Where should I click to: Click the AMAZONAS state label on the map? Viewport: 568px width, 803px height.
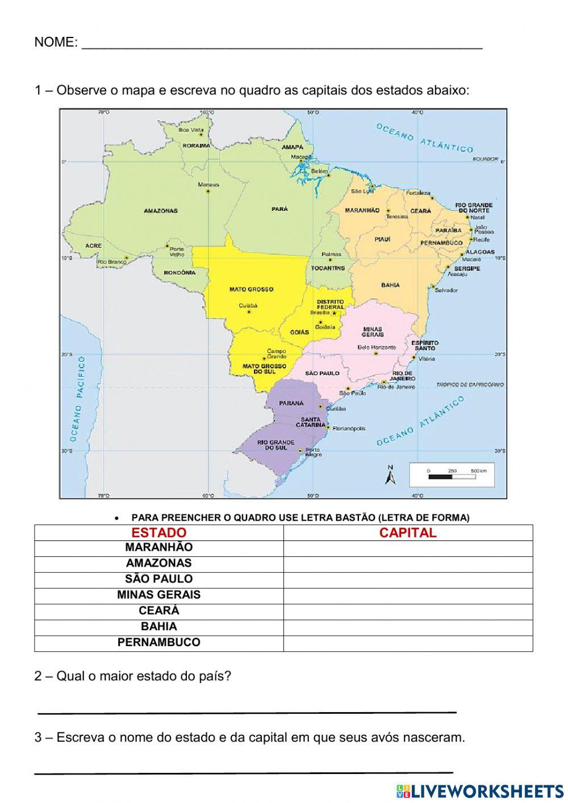[160, 211]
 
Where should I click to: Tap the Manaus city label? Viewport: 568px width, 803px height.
[208, 185]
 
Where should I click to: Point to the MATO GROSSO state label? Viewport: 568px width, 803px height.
[251, 289]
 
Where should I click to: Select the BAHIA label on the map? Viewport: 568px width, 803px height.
[390, 285]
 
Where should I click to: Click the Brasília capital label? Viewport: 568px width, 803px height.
[320, 313]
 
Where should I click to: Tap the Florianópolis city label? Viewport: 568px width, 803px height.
[349, 428]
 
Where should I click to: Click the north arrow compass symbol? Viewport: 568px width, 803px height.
[390, 475]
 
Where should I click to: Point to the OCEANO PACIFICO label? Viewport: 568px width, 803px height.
[78, 399]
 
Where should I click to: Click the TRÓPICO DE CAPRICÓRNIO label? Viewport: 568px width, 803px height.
[470, 385]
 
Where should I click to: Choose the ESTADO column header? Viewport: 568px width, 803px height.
[158, 533]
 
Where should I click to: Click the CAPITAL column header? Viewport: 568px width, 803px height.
[408, 533]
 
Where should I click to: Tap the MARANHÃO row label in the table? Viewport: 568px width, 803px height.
[158, 548]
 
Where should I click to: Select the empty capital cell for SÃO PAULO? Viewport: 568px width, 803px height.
[408, 580]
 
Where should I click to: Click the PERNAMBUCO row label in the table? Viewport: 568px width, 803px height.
[158, 643]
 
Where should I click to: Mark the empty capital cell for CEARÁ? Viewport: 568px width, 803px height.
[408, 611]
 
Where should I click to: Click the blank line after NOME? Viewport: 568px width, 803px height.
[282, 45]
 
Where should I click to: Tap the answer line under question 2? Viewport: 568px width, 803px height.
[247, 710]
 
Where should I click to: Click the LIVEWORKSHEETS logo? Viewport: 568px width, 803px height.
[480, 791]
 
